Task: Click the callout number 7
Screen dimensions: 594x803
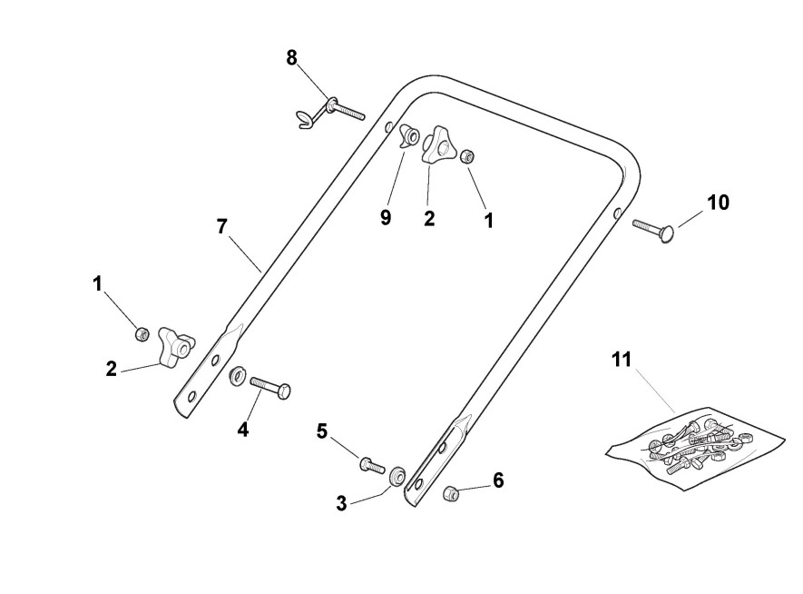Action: click(222, 226)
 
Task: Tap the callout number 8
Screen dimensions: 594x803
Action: click(291, 57)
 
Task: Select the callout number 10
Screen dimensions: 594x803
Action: click(718, 202)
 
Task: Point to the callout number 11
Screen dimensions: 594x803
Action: click(621, 360)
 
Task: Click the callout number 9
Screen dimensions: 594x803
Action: click(386, 218)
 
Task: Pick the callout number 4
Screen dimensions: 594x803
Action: click(243, 430)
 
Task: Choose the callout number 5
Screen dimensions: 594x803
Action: click(322, 431)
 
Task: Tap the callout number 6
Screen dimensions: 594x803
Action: click(498, 480)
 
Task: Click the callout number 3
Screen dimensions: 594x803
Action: click(341, 503)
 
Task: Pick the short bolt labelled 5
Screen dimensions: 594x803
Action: click(372, 464)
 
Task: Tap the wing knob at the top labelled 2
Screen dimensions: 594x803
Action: click(439, 145)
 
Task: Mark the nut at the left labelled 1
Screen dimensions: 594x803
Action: click(142, 334)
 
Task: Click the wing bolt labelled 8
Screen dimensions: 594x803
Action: click(328, 112)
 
